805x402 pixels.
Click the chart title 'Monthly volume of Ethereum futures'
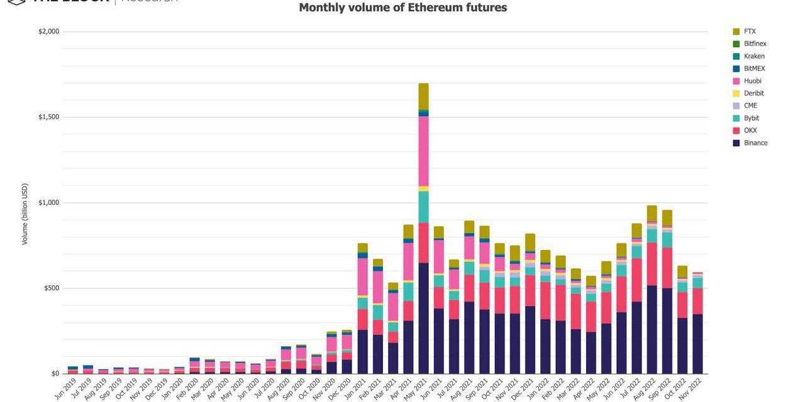pos(402,8)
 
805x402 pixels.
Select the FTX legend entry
pos(749,31)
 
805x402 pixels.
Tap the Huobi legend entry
pos(752,81)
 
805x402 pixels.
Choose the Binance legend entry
pos(755,143)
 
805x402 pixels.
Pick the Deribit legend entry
pos(753,94)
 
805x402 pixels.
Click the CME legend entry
pos(750,106)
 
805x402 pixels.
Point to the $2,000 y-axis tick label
pos(48,31)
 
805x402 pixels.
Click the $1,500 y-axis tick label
pos(48,117)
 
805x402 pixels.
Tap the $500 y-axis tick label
pos(50,288)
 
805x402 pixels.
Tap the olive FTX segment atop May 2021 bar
pos(424,96)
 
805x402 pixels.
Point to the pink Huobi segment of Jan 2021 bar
pos(363,276)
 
